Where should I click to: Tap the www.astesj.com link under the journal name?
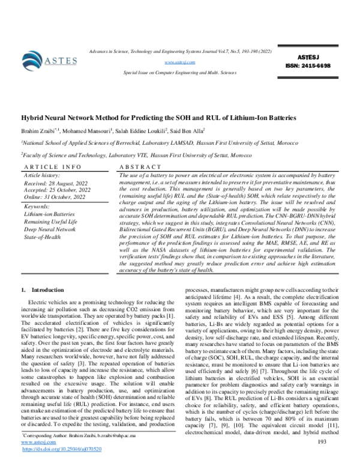coord(180,62)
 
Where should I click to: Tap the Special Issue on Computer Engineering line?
coord(180,71)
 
